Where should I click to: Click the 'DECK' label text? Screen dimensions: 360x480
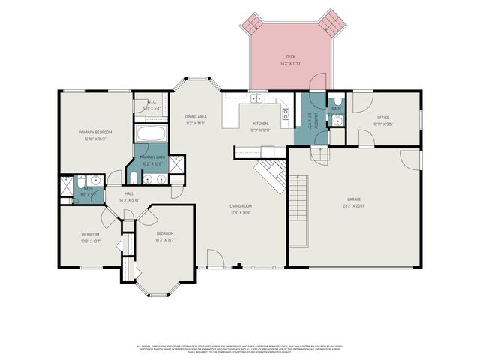point(290,57)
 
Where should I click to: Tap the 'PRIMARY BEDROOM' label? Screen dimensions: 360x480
point(94,133)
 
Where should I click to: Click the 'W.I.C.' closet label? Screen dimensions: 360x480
point(151,103)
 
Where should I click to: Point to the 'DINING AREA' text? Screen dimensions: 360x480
point(196,117)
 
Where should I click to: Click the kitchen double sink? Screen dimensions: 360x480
point(257,97)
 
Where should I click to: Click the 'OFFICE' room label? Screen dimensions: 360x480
point(382,118)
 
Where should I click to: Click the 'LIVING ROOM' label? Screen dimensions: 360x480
point(240,206)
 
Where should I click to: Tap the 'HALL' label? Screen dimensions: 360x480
point(130,194)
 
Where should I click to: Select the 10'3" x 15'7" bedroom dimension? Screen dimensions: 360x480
point(165,239)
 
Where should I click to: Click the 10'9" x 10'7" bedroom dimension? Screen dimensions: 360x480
point(91,241)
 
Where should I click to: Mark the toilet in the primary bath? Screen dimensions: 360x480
point(133,177)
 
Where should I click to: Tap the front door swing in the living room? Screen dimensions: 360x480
point(214,257)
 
